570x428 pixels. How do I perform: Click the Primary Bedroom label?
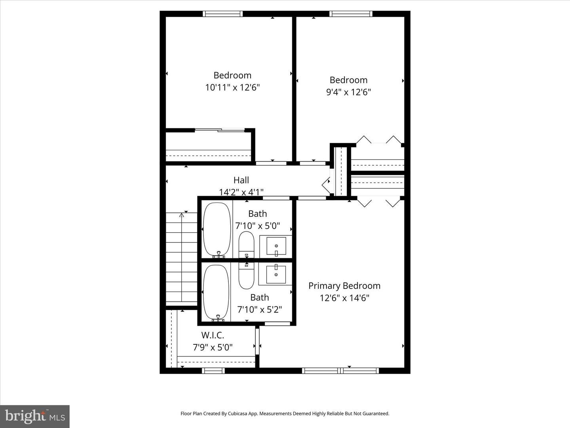[344, 286]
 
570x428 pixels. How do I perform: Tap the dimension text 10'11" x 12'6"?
[232, 88]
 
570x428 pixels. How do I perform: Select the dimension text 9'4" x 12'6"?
[348, 92]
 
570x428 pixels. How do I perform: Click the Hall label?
[241, 180]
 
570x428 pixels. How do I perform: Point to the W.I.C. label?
[213, 335]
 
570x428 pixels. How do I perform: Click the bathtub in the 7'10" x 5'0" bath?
[217, 229]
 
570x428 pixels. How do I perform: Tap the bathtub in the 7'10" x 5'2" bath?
[216, 292]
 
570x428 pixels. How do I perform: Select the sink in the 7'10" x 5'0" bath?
[276, 246]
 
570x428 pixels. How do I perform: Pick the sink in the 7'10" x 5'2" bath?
[276, 274]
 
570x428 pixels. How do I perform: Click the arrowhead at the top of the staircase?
[182, 215]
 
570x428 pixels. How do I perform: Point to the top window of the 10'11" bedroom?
[222, 14]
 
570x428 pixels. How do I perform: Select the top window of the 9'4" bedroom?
[351, 14]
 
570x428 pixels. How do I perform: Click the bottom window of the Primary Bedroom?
[340, 371]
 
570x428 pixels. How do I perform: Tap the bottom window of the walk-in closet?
[213, 371]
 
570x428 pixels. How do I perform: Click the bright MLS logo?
[35, 416]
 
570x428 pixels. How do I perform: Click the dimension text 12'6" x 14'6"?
[344, 298]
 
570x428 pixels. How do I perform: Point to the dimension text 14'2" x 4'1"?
[241, 192]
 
